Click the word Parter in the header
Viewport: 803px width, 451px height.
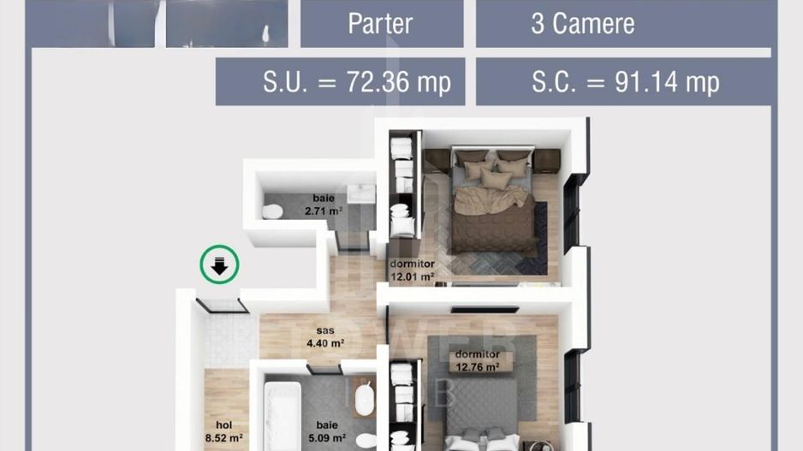(x=380, y=23)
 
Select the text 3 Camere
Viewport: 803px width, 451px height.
(x=582, y=23)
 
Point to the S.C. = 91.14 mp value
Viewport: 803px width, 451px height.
(x=625, y=82)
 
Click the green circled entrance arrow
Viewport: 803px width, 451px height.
(x=219, y=265)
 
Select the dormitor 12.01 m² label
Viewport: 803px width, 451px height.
(x=412, y=270)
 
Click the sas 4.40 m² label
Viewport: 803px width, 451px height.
(x=324, y=337)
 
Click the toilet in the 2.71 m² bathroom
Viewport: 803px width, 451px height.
(x=273, y=211)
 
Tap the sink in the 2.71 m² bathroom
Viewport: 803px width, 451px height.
(x=363, y=193)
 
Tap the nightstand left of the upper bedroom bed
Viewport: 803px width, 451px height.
(x=437, y=160)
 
